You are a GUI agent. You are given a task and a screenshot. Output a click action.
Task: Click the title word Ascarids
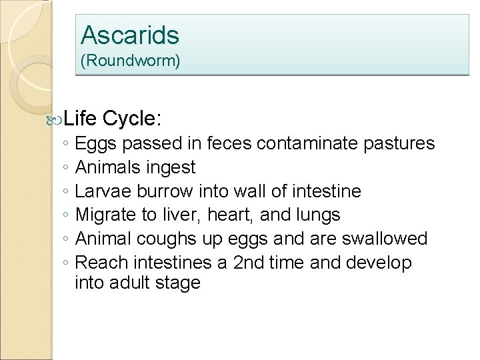click(x=130, y=34)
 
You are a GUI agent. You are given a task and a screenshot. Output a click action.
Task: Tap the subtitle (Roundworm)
click(x=130, y=61)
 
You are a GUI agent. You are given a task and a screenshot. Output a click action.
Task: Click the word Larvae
click(x=103, y=191)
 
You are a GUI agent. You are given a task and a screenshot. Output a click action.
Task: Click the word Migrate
click(x=105, y=215)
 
